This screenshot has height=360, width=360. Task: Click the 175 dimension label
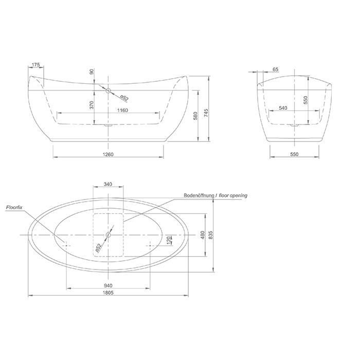pyautogui.click(x=35, y=65)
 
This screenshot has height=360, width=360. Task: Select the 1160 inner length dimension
pyautogui.click(x=122, y=110)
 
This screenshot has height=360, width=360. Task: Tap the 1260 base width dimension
pyautogui.click(x=108, y=154)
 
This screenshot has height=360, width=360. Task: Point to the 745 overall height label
pyautogui.click(x=206, y=113)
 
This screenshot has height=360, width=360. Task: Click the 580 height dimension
pyautogui.click(x=195, y=116)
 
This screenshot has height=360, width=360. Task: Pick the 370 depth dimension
pyautogui.click(x=92, y=105)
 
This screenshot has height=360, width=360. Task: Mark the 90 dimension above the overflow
pyautogui.click(x=92, y=71)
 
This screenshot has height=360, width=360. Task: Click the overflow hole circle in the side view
pyautogui.click(x=108, y=90)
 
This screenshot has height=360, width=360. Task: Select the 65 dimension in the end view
pyautogui.click(x=276, y=69)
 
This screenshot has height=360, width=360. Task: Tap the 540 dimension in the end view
pyautogui.click(x=283, y=108)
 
